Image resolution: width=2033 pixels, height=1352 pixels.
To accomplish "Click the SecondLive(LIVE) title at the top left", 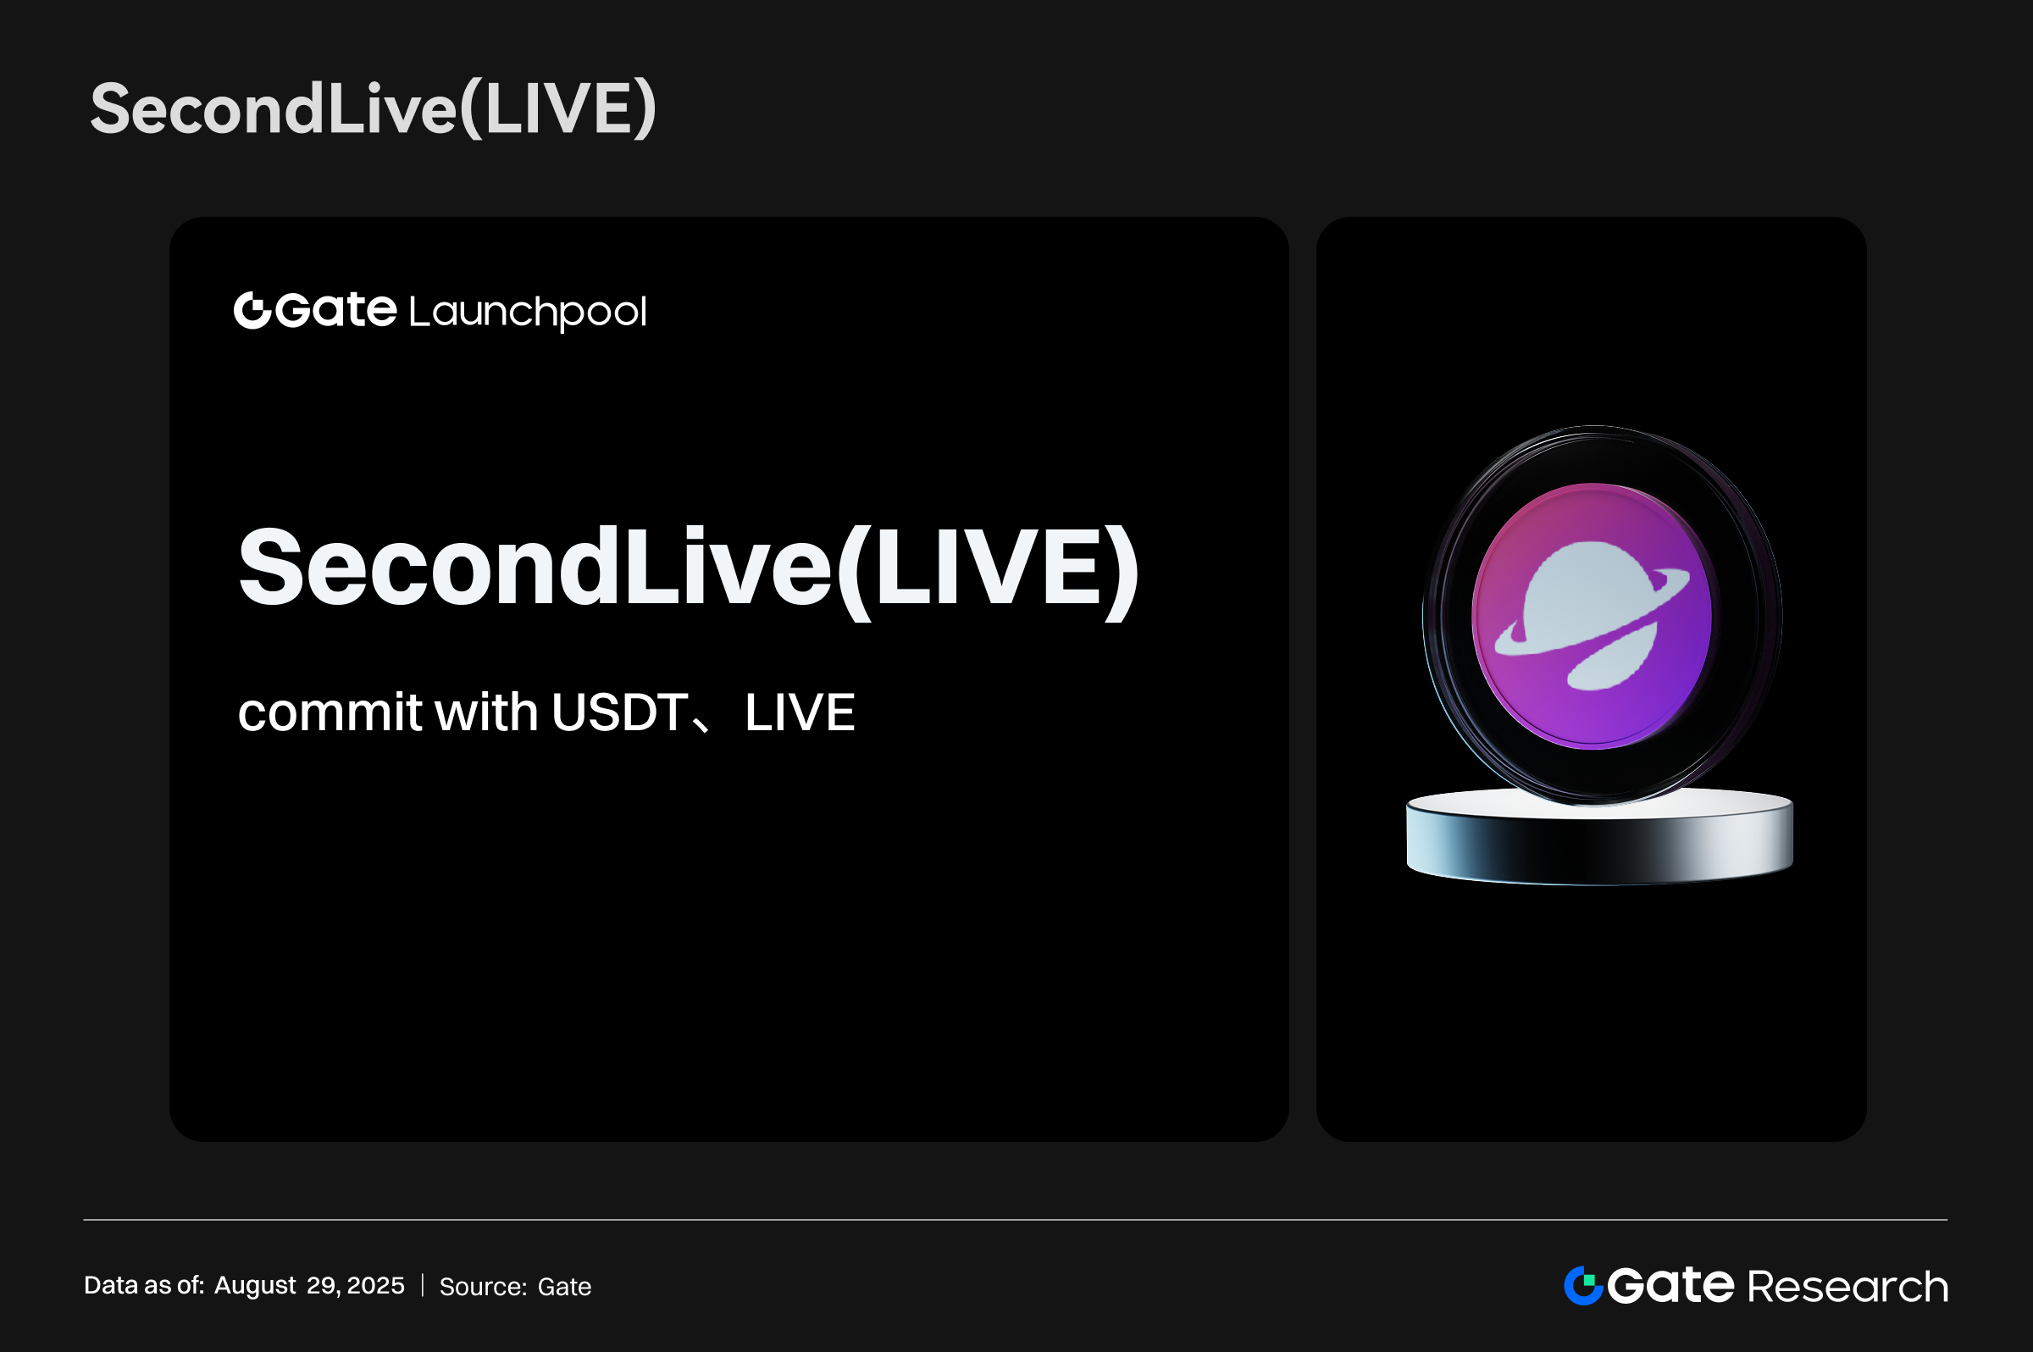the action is (374, 109).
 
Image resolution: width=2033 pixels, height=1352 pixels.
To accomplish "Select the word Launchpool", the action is (528, 312).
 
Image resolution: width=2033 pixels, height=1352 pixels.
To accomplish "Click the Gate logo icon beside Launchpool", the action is (252, 310).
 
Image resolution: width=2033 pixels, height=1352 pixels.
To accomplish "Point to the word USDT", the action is (620, 712).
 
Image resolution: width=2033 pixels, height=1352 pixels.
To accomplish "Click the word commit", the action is (330, 712).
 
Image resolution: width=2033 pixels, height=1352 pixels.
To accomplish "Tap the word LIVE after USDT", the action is (800, 713).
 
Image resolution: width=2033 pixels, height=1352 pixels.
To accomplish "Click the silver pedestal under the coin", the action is (1599, 837).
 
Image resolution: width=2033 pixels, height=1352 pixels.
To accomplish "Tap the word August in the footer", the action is (255, 1286).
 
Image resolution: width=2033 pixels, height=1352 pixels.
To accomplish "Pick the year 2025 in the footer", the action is (375, 1286).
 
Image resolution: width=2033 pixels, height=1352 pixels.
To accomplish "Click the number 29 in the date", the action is (323, 1286).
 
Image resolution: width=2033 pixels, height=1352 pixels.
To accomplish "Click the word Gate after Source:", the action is (565, 1287).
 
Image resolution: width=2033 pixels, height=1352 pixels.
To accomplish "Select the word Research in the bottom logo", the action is (1847, 1288).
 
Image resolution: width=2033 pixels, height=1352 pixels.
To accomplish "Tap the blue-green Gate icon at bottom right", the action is (1583, 1286).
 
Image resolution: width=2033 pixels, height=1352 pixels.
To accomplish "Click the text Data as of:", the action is (144, 1286).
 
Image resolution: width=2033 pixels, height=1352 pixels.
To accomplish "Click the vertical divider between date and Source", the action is (423, 1286).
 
